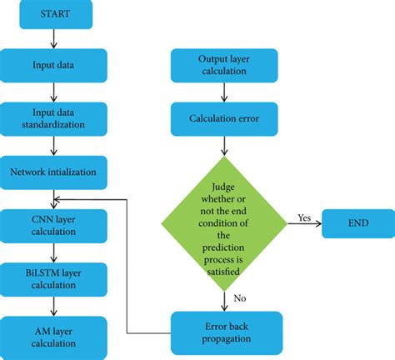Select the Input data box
[53, 65]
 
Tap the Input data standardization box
[53, 119]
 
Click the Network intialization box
[53, 172]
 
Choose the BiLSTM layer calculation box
[53, 277]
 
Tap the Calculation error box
[224, 119]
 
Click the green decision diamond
[224, 222]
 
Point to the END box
[357, 222]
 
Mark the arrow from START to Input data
[53, 39]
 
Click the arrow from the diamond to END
[305, 224]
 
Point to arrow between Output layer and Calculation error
[224, 92]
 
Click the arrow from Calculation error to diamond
[224, 147]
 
